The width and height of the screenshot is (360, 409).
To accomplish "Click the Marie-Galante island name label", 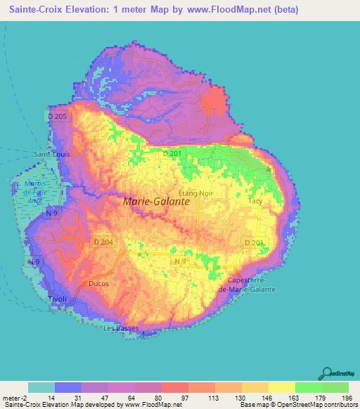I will click(156, 201).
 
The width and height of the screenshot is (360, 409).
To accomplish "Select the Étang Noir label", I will click(195, 192).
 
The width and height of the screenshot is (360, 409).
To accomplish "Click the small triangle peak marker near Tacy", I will click(269, 168).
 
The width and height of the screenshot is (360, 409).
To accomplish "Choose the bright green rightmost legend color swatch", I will click(335, 387).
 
